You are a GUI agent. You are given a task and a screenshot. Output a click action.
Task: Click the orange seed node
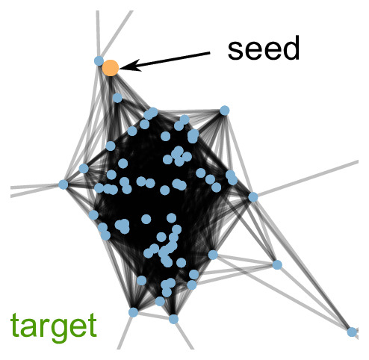111,68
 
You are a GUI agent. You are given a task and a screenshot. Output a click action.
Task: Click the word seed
264,48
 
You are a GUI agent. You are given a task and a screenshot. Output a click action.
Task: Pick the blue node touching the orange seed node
99,60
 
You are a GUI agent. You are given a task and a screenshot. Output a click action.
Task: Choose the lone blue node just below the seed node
117,98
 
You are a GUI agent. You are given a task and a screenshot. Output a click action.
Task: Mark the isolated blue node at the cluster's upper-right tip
225,111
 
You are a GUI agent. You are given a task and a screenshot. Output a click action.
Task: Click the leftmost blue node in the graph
63,184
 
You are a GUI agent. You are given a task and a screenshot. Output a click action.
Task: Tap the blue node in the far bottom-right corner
352,332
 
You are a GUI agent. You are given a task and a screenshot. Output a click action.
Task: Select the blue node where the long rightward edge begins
253,197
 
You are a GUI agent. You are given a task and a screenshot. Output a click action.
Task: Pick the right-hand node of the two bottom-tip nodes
173,319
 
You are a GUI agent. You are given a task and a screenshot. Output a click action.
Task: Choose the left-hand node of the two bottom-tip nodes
133,312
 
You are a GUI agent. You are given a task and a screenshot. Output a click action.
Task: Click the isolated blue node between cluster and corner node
277,264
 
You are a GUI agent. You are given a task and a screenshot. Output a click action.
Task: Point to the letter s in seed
235,51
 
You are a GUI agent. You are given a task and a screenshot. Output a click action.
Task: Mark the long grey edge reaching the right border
306,179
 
